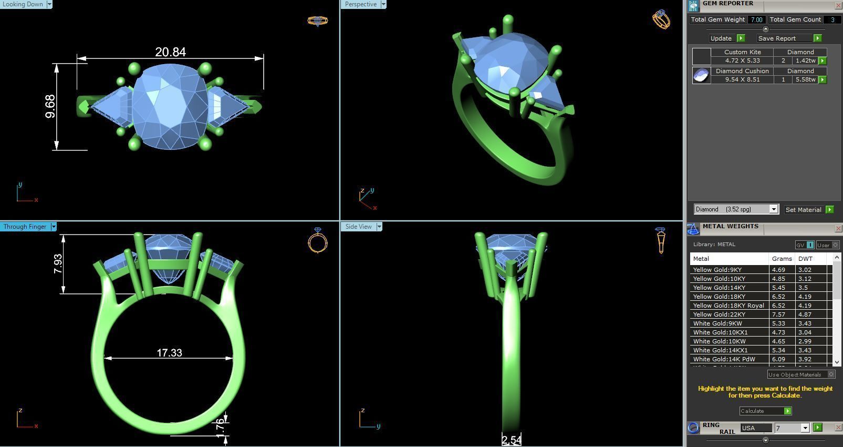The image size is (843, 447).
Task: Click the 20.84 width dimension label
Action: point(170,52)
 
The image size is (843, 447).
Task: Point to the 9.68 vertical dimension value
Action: point(50,106)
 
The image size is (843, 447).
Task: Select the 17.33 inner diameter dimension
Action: point(169,353)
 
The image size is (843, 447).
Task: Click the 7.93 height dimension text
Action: point(58,263)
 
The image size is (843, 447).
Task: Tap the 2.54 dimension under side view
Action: point(511,440)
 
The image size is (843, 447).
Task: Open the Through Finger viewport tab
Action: point(25,227)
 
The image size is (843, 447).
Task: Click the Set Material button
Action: point(804,209)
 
